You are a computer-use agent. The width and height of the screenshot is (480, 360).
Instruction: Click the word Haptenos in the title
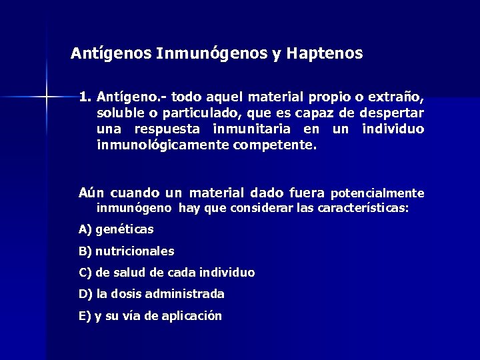tap(325, 53)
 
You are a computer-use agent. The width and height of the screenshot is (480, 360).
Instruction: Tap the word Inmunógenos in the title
tap(211, 53)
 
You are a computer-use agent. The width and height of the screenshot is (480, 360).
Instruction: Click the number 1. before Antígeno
tap(85, 97)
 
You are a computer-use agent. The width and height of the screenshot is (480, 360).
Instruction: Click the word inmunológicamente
tap(163, 143)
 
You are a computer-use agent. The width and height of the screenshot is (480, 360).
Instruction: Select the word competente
tap(275, 143)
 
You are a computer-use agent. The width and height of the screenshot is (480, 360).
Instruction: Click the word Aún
tap(91, 193)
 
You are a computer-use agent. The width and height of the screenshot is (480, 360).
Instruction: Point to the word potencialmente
tap(377, 193)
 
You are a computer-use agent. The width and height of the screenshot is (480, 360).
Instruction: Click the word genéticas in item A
tap(125, 229)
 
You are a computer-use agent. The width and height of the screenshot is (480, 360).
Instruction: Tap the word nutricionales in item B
tap(135, 251)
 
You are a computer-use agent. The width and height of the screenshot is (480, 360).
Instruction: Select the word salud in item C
tap(128, 273)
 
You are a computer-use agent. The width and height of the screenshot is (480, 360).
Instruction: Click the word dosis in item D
tap(133, 294)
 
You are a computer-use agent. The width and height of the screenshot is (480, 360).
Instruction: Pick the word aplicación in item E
tap(189, 316)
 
